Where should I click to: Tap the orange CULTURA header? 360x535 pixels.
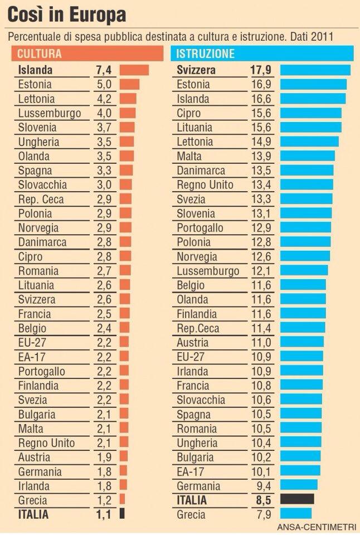click(86, 54)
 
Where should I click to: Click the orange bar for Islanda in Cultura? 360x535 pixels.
click(134, 70)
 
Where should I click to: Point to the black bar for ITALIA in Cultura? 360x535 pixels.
click(121, 514)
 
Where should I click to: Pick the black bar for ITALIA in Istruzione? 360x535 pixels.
click(297, 499)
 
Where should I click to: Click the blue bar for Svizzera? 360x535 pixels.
click(315, 70)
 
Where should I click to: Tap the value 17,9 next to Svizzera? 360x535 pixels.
click(261, 70)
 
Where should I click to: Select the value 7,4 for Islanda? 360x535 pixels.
click(104, 70)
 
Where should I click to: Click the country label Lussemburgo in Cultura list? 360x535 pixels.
click(50, 113)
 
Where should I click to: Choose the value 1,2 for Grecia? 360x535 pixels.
click(104, 500)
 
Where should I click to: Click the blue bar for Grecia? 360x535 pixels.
click(295, 514)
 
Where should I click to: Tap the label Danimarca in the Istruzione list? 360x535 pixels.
click(201, 171)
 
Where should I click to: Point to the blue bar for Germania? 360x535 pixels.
click(299, 485)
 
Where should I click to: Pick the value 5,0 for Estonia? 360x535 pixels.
click(104, 85)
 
